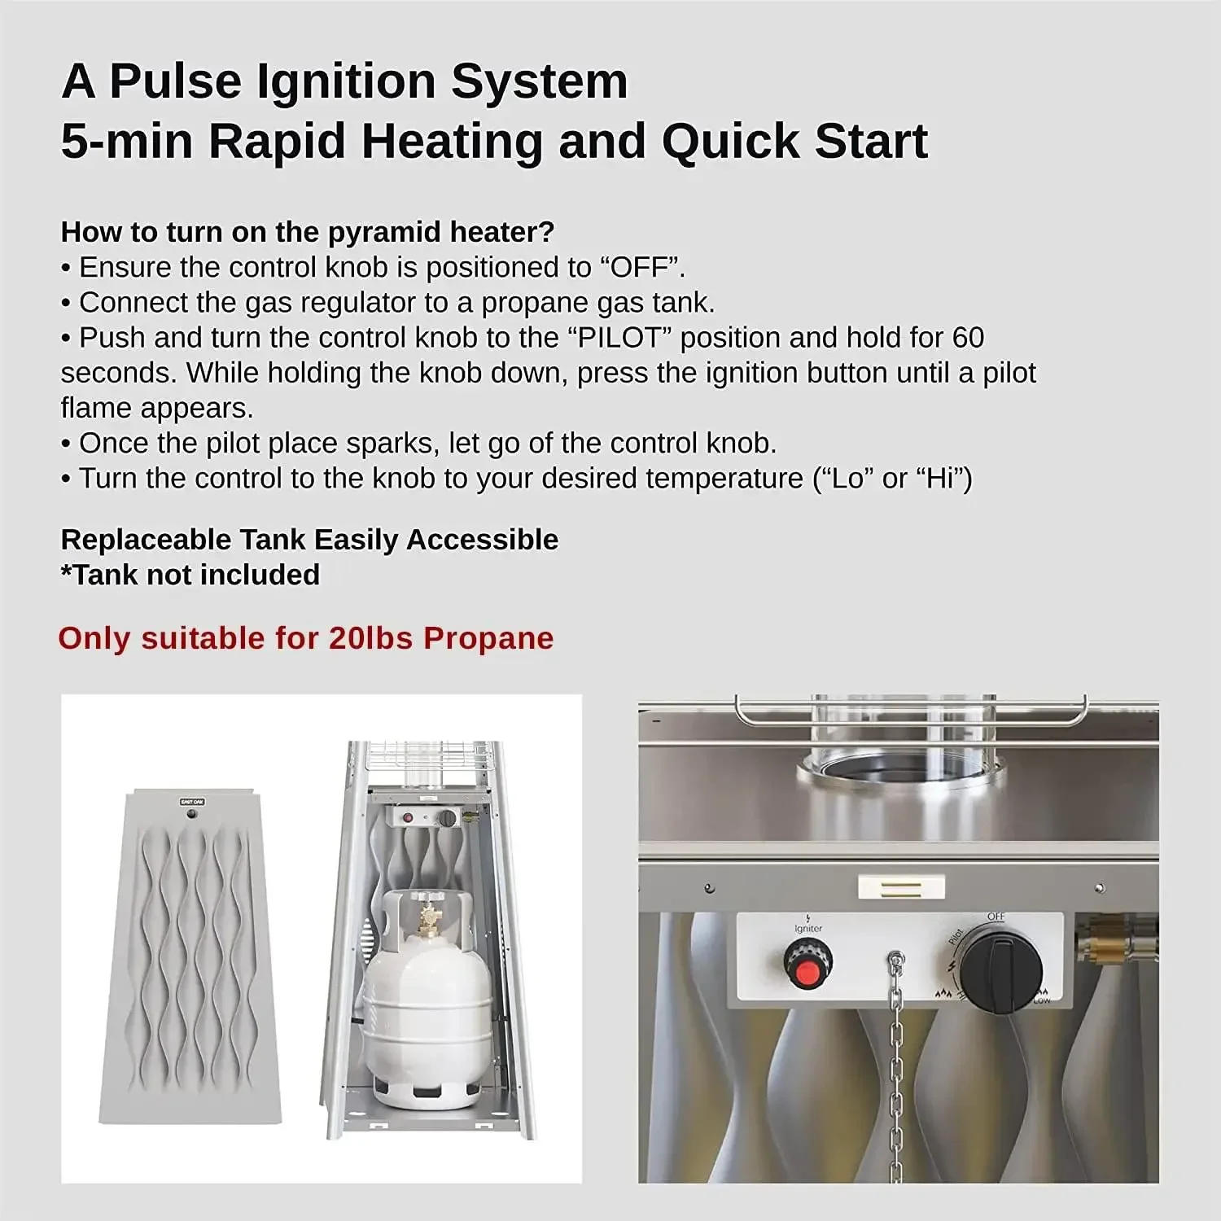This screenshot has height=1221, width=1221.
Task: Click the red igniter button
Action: pos(807,971)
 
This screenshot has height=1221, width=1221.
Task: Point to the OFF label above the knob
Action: pos(996,917)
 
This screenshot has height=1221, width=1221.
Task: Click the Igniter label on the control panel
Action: pos(808,928)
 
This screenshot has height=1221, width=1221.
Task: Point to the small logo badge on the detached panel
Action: pos(192,803)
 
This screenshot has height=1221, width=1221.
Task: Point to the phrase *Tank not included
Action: pos(190,575)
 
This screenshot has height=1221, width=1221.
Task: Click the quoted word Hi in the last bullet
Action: pos(944,479)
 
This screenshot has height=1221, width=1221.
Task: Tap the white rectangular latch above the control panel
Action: pos(901,886)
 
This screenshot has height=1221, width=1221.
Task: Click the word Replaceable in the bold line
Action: pos(146,540)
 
